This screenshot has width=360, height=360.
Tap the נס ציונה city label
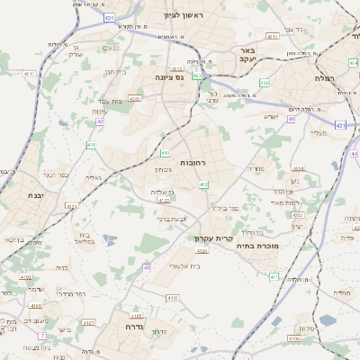point(168,77)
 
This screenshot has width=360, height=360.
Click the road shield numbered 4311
point(31,74)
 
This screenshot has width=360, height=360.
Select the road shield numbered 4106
point(294,339)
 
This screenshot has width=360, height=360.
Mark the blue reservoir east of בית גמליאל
point(109,239)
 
